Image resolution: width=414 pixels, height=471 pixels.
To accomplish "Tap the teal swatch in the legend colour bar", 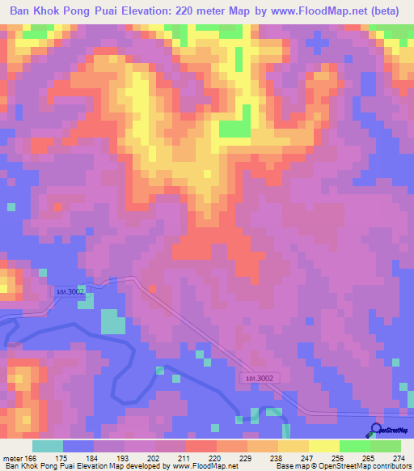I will (48, 446).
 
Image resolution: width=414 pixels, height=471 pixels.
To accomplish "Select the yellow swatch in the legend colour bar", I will (324, 446).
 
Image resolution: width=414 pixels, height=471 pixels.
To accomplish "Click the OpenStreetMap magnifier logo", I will (375, 430).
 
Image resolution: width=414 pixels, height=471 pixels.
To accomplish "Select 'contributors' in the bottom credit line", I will (388, 466).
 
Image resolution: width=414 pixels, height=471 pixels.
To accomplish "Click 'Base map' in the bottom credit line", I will (291, 466).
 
